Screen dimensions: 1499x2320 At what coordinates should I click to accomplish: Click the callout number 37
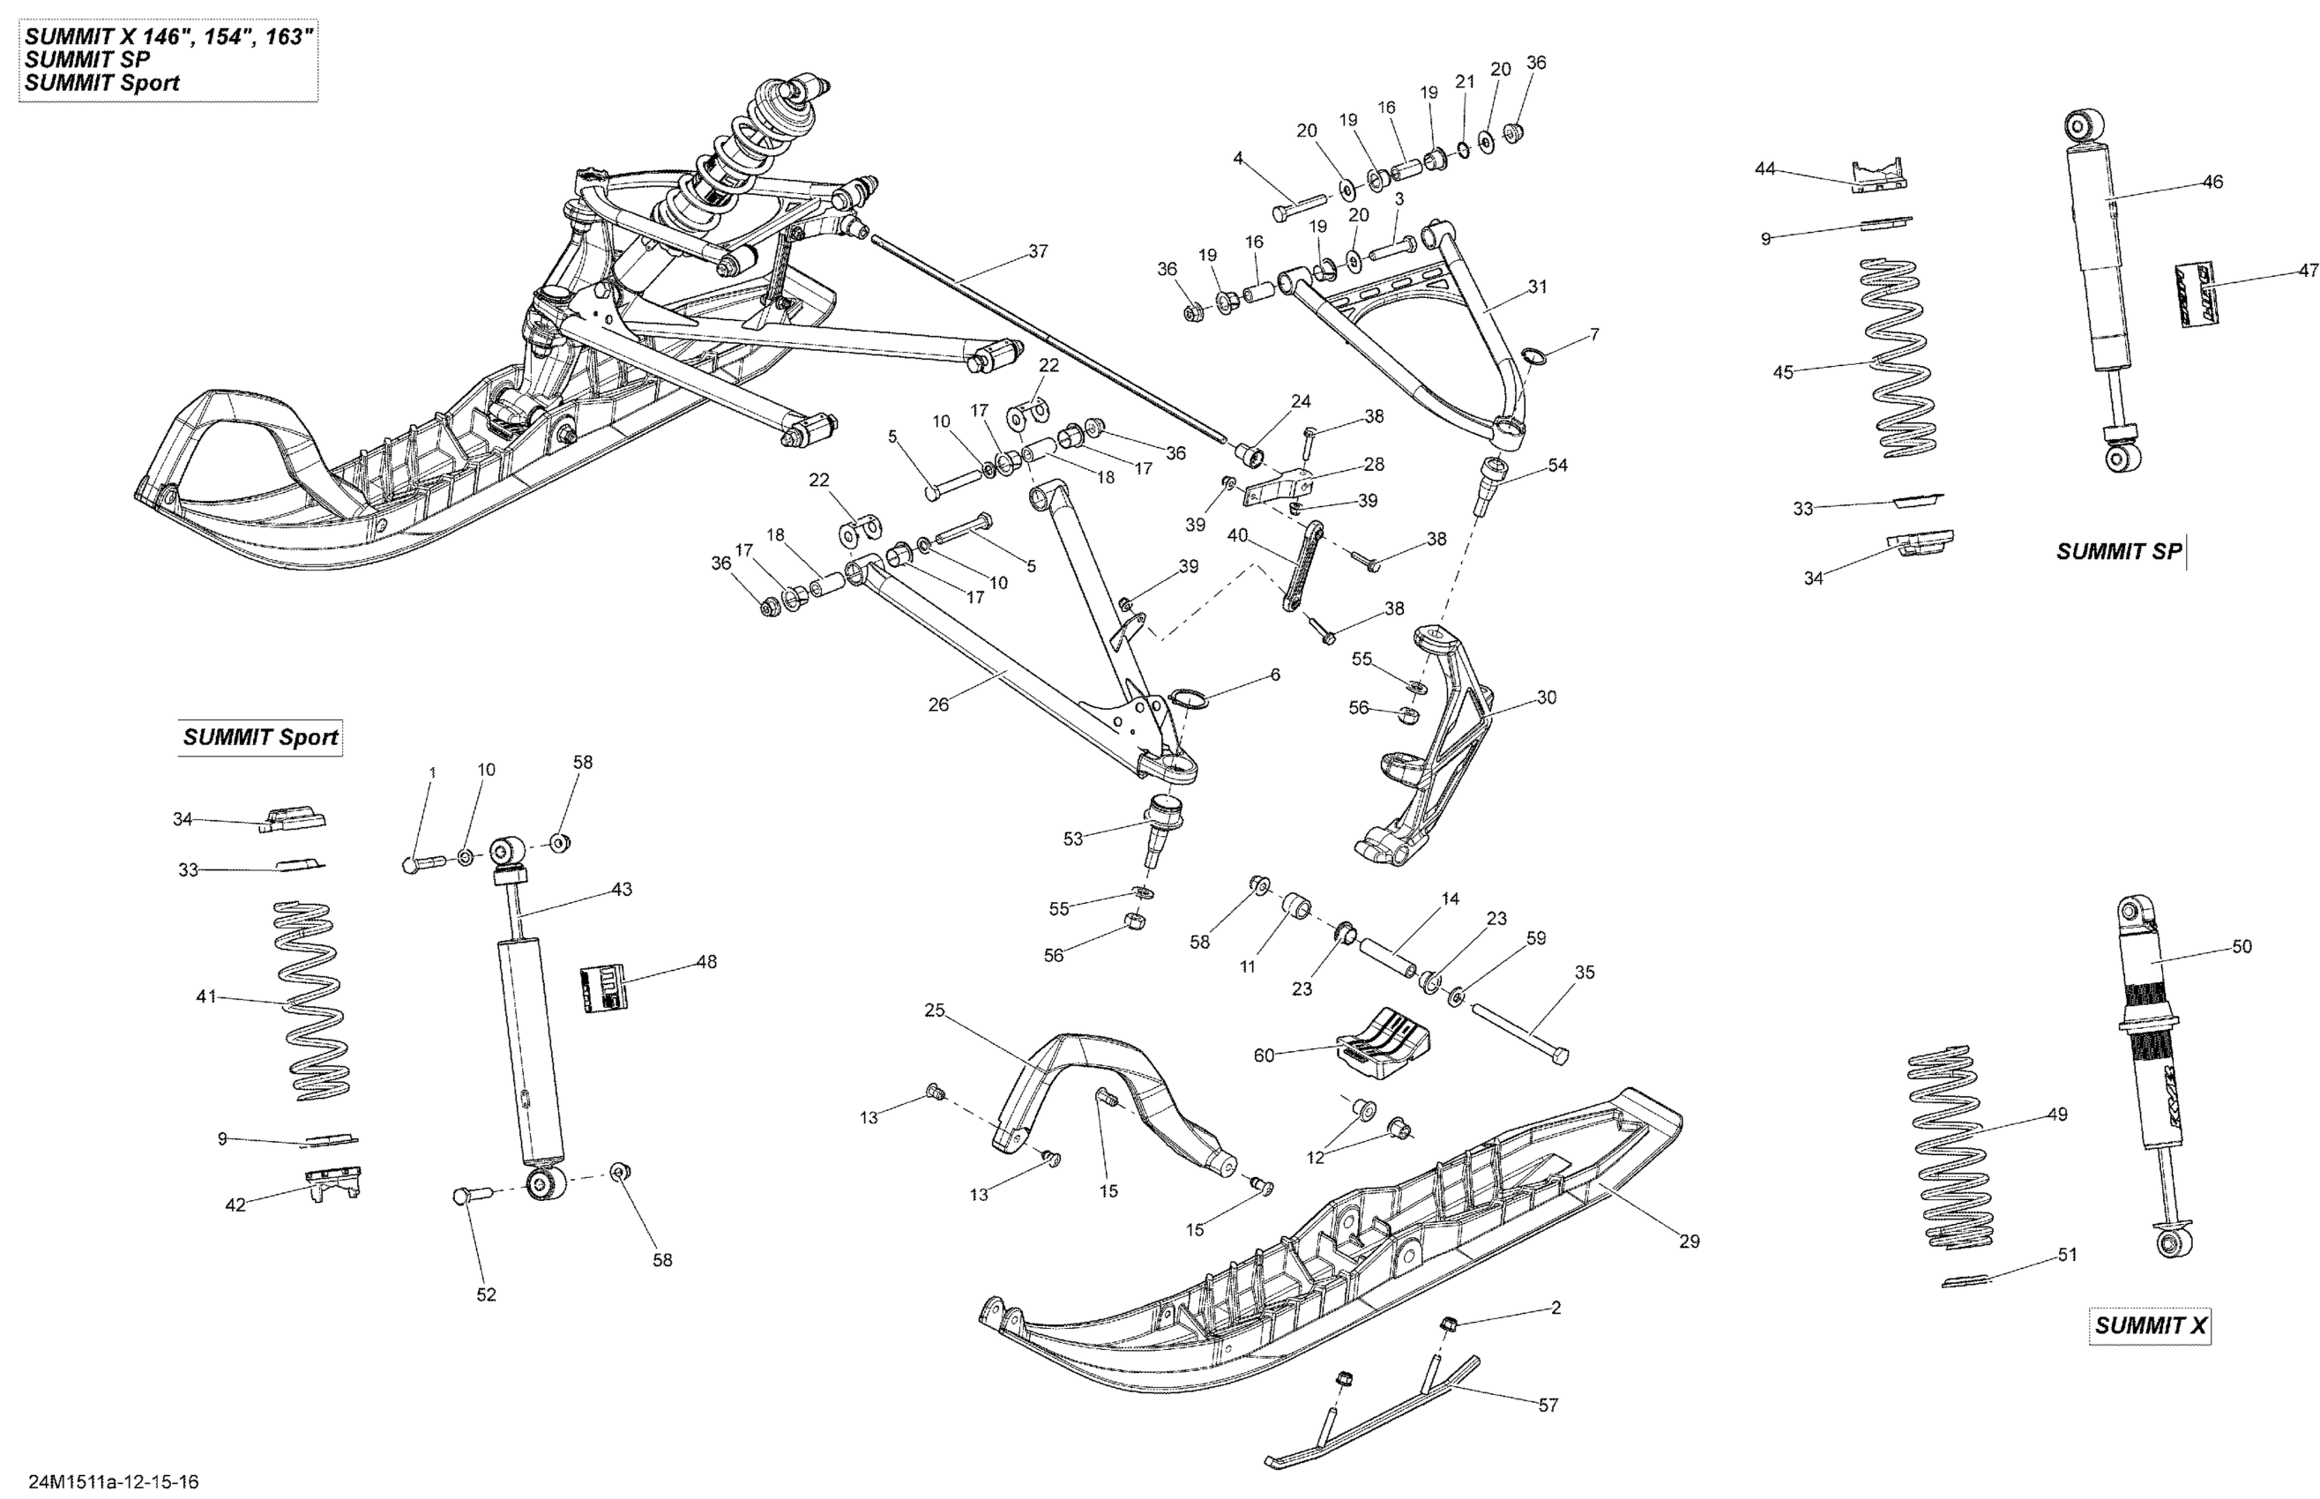click(x=1039, y=251)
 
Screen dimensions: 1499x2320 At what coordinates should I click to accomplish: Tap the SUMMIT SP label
click(x=2119, y=551)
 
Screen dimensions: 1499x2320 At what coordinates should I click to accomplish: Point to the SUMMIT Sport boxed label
click(x=260, y=737)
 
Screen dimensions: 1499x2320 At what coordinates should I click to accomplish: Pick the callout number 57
click(x=1548, y=1405)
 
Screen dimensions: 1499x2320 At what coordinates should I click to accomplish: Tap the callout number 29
click(x=1690, y=1241)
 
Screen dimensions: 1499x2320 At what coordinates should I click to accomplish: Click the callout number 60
click(x=1263, y=1055)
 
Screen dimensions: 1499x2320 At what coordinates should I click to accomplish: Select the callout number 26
click(x=938, y=704)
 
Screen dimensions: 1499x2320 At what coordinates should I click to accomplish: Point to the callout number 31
click(x=1538, y=287)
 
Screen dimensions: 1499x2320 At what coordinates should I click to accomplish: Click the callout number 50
click(x=2242, y=946)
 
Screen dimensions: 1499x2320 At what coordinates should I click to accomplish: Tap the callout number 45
click(x=1783, y=372)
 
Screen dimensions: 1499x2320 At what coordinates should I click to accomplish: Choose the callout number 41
click(x=205, y=996)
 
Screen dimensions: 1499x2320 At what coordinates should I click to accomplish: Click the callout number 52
click(x=486, y=1294)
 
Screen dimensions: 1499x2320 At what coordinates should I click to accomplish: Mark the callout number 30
click(x=1547, y=697)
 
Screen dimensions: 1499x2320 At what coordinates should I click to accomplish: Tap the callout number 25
click(x=934, y=1011)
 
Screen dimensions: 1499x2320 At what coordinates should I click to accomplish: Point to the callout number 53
click(x=1072, y=838)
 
